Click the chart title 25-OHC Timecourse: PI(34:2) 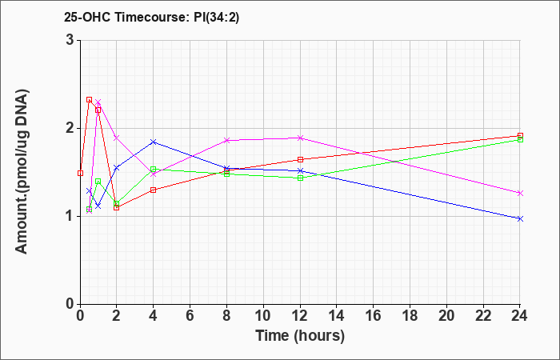pyautogui.click(x=151, y=17)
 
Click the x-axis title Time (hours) pyautogui.click(x=300, y=336)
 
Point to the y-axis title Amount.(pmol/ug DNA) pyautogui.click(x=22, y=171)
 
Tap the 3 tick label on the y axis pyautogui.click(x=70, y=40)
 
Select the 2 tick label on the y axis pyautogui.click(x=70, y=128)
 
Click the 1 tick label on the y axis pyautogui.click(x=70, y=216)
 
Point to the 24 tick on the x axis pyautogui.click(x=520, y=316)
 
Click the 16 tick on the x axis pyautogui.click(x=374, y=316)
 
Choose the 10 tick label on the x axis pyautogui.click(x=263, y=316)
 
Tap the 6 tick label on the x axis pyautogui.click(x=190, y=316)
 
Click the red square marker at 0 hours pyautogui.click(x=80, y=174)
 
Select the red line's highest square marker pyautogui.click(x=90, y=100)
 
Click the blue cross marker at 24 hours pyautogui.click(x=520, y=218)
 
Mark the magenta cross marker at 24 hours pyautogui.click(x=520, y=194)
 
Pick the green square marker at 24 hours pyautogui.click(x=520, y=139)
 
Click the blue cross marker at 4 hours pyautogui.click(x=154, y=142)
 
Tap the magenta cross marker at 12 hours pyautogui.click(x=300, y=138)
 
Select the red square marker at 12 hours pyautogui.click(x=300, y=160)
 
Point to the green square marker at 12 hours pyautogui.click(x=300, y=178)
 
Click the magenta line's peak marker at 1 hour pyautogui.click(x=98, y=102)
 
